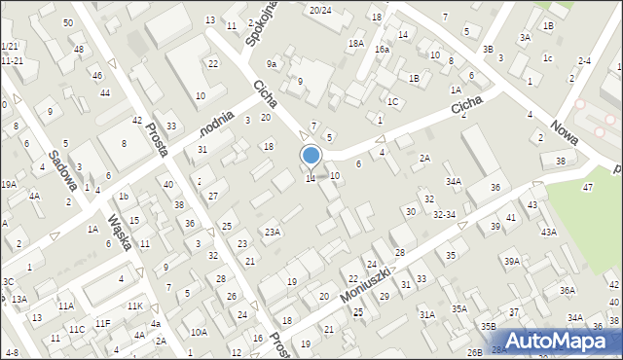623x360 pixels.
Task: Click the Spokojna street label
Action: click(260, 33)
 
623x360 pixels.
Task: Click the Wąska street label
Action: click(122, 232)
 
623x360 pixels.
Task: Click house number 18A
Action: click(356, 44)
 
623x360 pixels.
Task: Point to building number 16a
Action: click(383, 50)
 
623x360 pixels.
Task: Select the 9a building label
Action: click(274, 64)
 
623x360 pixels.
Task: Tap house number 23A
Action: click(273, 232)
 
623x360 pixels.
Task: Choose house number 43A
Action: click(549, 232)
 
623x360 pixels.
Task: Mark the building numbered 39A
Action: click(512, 261)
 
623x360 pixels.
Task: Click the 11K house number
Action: click(135, 306)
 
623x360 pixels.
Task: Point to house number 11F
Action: click(102, 323)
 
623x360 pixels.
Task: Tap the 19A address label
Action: click(8, 184)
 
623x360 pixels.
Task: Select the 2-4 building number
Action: click(584, 61)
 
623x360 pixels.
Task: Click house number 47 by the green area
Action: click(587, 186)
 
